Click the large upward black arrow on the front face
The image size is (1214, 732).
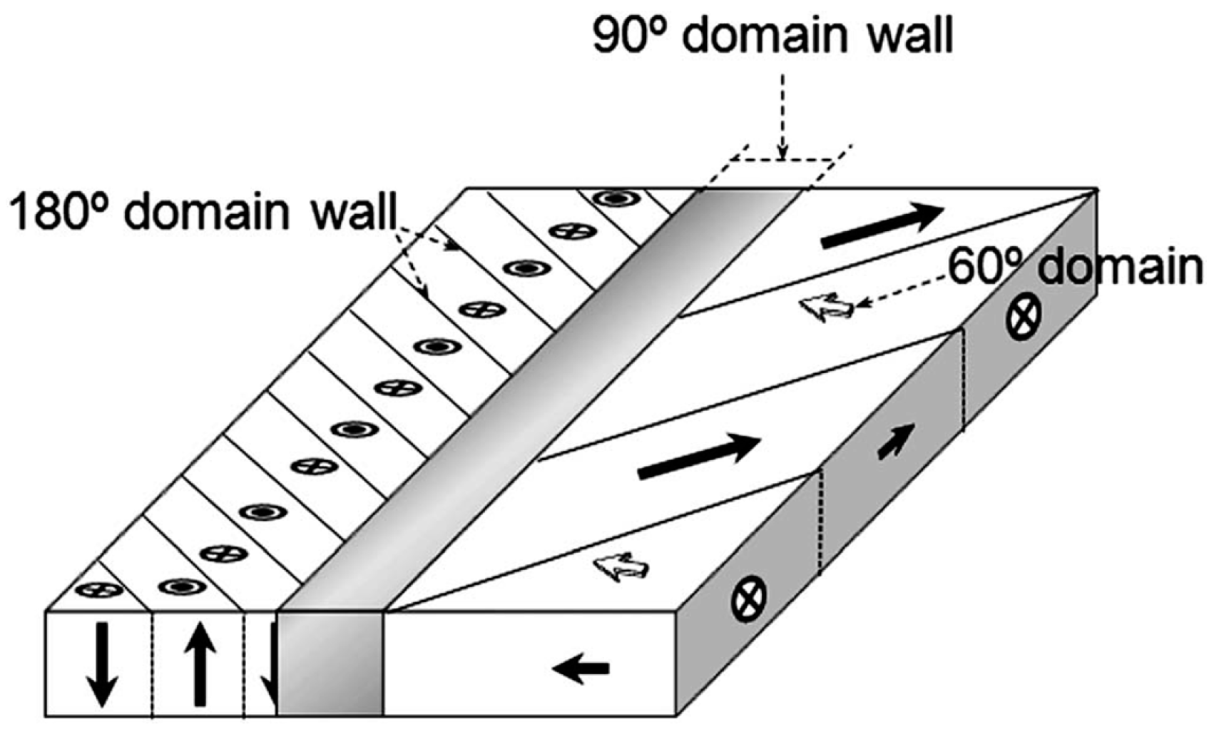199,664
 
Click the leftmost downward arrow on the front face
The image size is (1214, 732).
102,664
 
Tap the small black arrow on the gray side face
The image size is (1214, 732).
896,441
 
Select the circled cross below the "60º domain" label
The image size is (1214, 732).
1024,316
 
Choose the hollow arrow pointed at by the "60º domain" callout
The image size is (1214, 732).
827,307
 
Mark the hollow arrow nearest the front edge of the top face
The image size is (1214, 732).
621,568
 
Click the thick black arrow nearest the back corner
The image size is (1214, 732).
882,225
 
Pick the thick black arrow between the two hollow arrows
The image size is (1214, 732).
698,457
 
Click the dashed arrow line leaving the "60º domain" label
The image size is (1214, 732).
902,289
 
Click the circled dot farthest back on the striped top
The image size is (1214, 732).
615,199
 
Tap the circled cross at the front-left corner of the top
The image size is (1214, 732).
99,590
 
